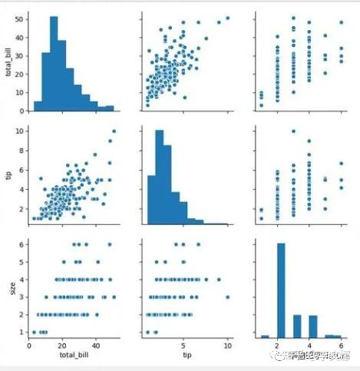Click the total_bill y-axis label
pyautogui.click(x=8, y=62)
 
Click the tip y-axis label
pyautogui.click(x=8, y=174)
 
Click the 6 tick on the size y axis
pyautogui.click(x=20, y=245)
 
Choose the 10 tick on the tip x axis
pyautogui.click(x=228, y=346)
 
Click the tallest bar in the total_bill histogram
pyautogui.click(x=54, y=65)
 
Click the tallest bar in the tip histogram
pyautogui.click(x=161, y=177)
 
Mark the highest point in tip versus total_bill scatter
pyautogui.click(x=114, y=131)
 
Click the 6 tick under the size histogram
pyautogui.click(x=337, y=346)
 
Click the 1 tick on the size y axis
pyautogui.click(x=20, y=332)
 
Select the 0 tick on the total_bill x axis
pyautogui.click(x=29, y=346)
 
